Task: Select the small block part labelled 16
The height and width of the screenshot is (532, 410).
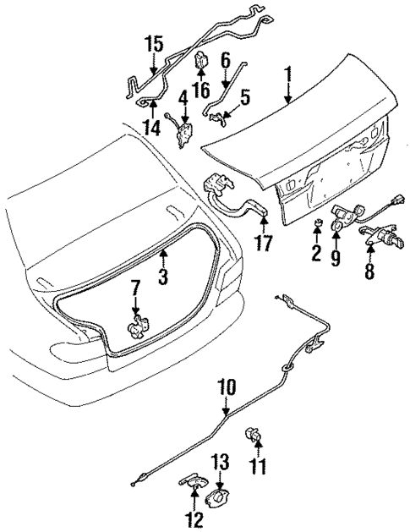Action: [204, 61]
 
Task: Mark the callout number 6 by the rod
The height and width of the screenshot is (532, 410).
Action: [226, 61]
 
